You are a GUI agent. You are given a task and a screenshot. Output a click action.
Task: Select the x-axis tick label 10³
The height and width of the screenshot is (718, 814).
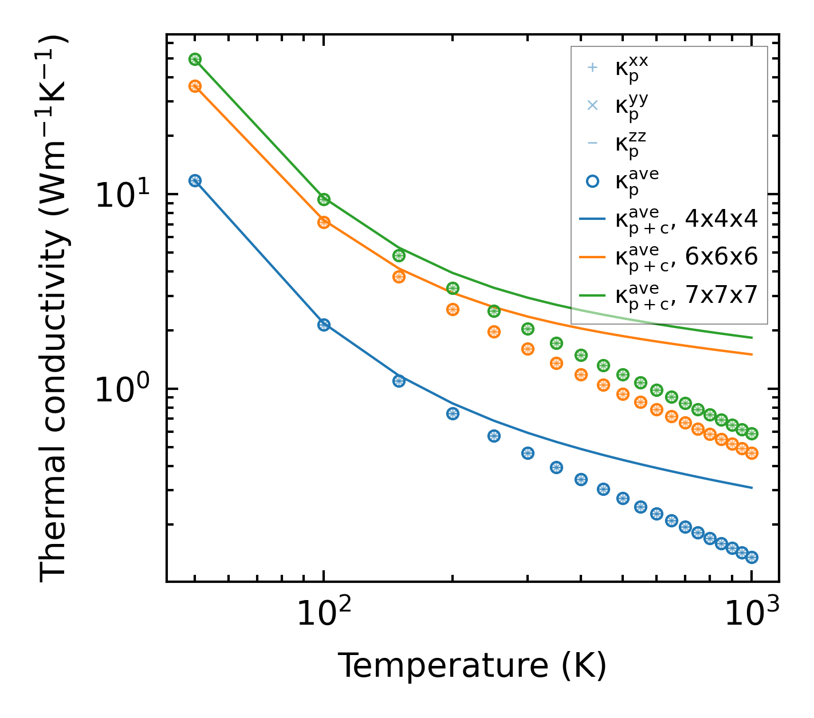click(x=752, y=614)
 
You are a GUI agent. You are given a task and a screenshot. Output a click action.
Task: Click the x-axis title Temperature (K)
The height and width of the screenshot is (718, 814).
click(x=472, y=666)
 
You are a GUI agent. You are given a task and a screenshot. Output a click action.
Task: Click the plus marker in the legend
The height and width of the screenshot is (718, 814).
click(x=592, y=68)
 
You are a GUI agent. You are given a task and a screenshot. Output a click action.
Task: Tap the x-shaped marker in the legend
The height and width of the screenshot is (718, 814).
click(x=592, y=105)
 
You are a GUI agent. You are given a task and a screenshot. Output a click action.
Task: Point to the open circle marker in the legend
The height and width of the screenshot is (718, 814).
click(x=592, y=181)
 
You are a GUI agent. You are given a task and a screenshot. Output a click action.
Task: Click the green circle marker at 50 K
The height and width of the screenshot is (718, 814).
click(x=195, y=60)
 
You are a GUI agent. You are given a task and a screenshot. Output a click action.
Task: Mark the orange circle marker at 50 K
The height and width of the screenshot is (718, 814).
click(x=195, y=86)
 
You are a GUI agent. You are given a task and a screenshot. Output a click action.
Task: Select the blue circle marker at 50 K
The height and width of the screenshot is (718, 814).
click(x=195, y=181)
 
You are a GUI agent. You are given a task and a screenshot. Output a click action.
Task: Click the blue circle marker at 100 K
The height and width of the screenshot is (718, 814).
click(x=324, y=325)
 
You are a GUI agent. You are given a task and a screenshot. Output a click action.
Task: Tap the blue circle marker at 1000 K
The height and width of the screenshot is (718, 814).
click(x=752, y=557)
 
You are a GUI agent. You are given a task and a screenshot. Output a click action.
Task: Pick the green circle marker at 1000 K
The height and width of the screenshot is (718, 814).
click(x=752, y=434)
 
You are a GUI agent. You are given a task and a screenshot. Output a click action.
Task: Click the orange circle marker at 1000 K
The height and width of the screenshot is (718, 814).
click(x=752, y=453)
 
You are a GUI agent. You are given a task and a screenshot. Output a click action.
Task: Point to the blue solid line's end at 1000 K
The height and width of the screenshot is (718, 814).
click(x=751, y=488)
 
